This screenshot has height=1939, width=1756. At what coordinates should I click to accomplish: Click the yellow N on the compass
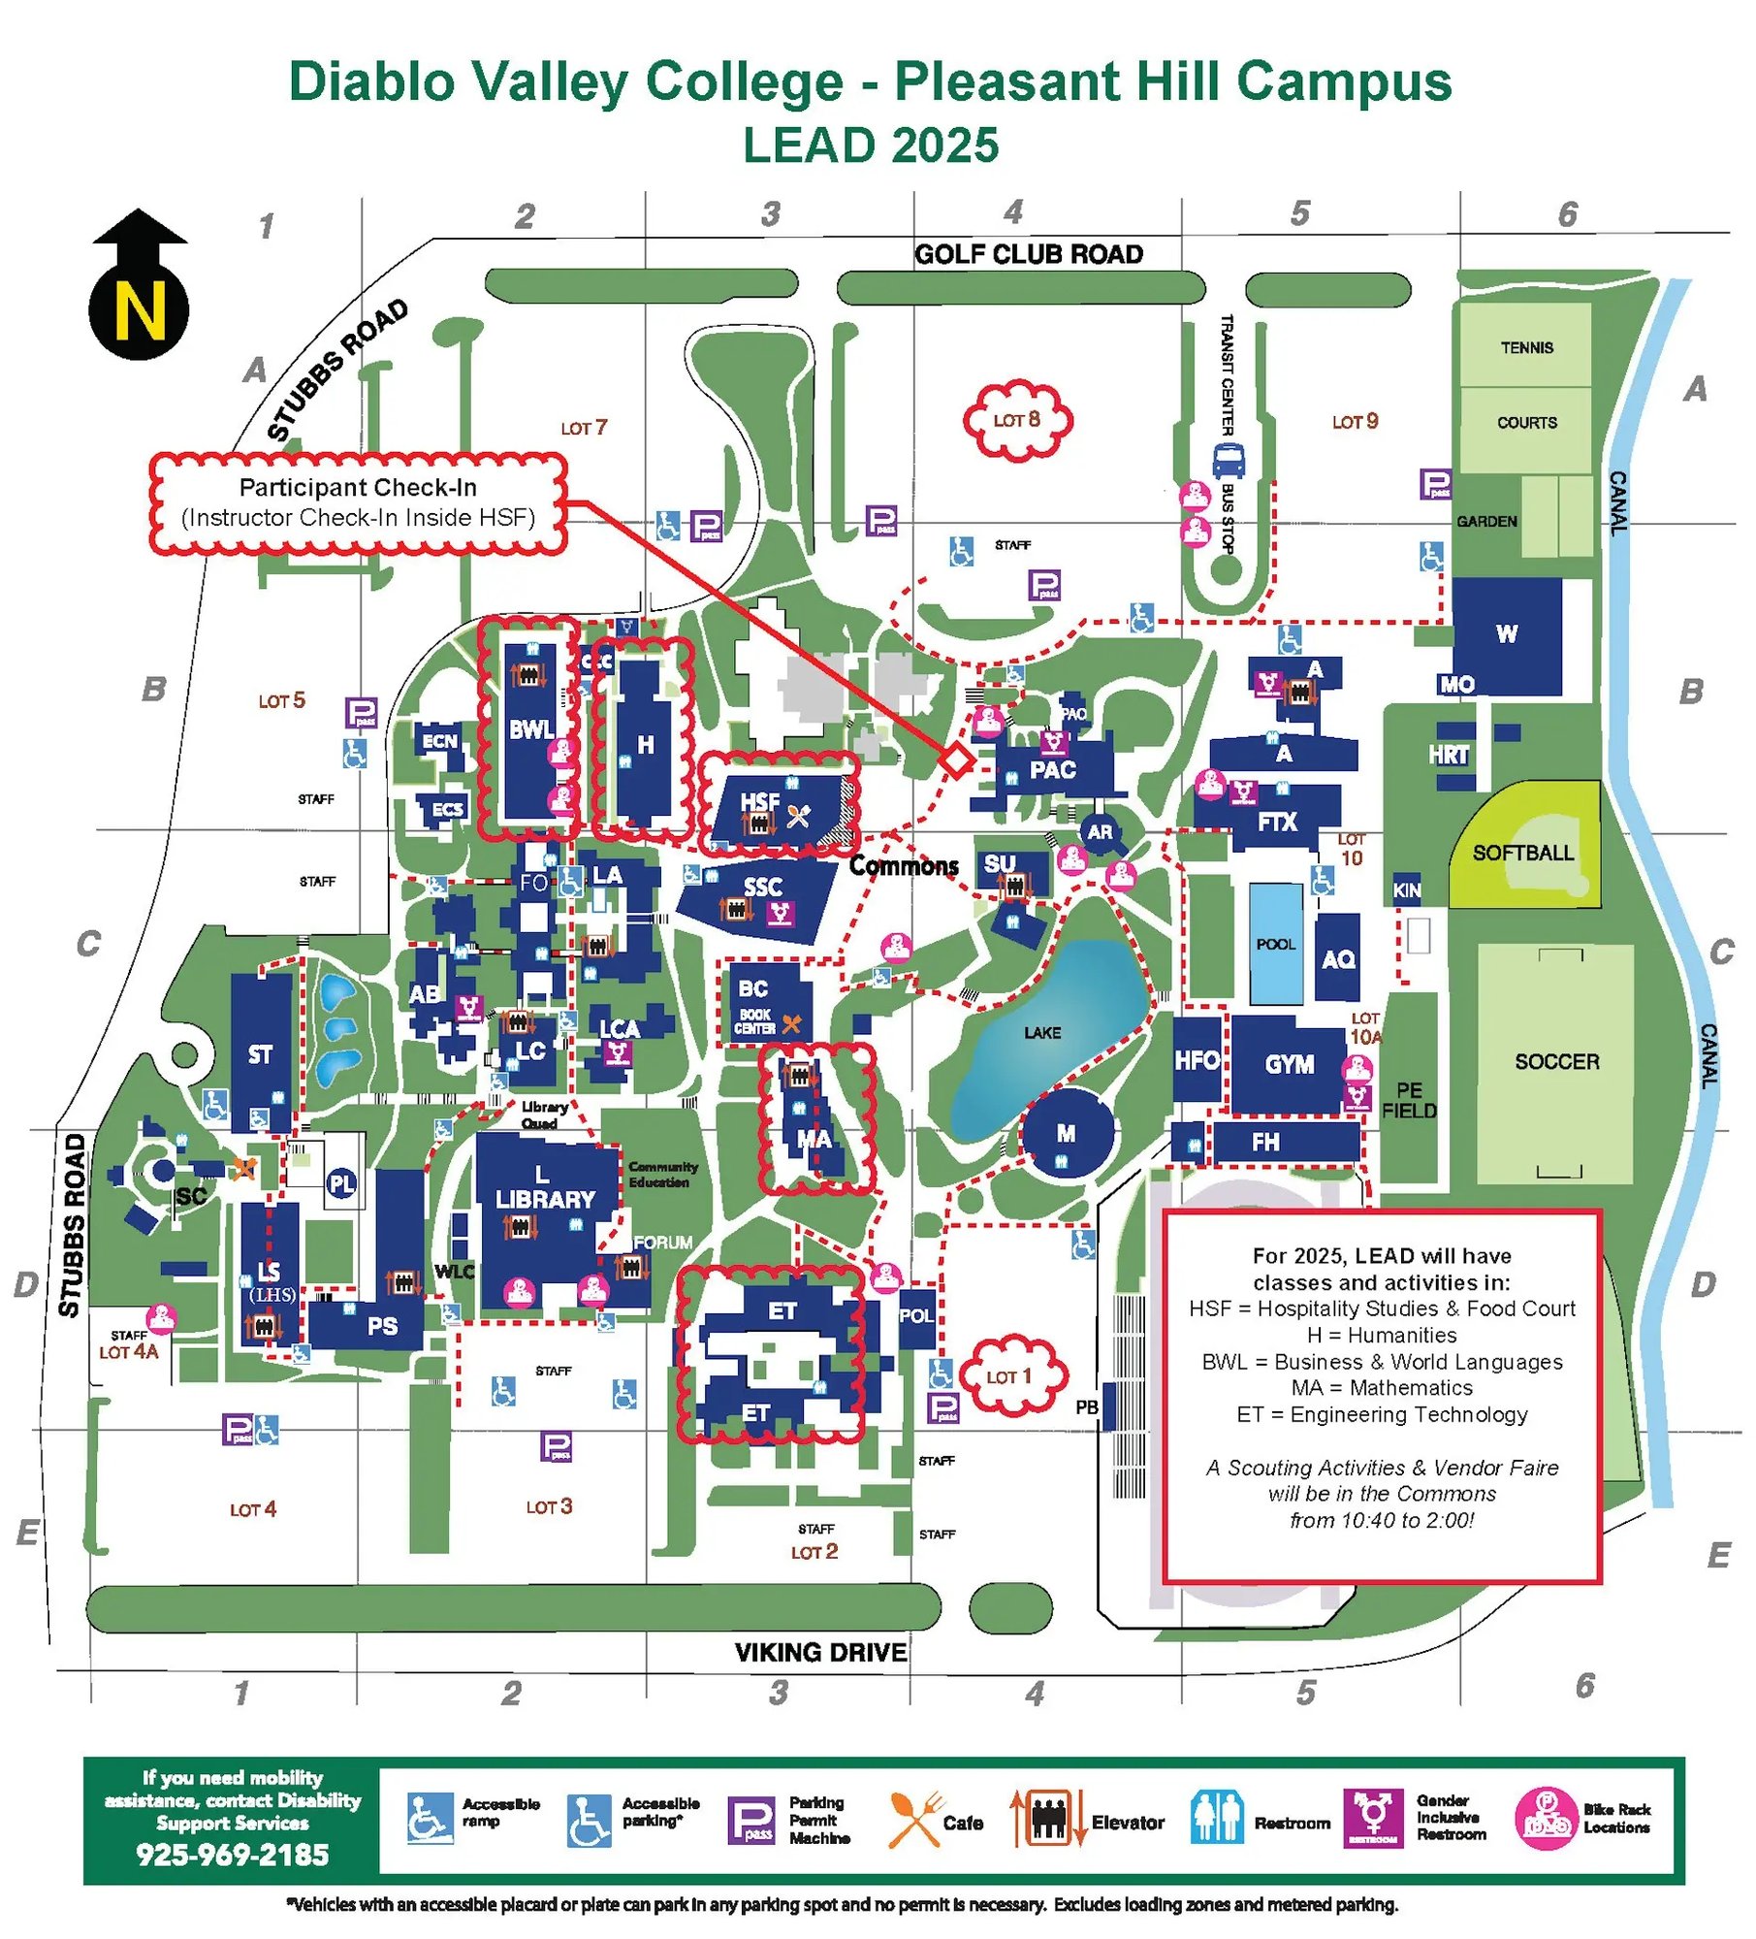pyautogui.click(x=140, y=312)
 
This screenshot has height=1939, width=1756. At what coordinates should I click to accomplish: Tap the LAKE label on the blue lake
pyautogui.click(x=1042, y=1033)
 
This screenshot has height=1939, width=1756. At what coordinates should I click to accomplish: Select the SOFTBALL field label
pyautogui.click(x=1522, y=853)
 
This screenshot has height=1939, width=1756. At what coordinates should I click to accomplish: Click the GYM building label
pyautogui.click(x=1290, y=1064)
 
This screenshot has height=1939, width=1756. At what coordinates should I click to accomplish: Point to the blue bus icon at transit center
pyautogui.click(x=1229, y=459)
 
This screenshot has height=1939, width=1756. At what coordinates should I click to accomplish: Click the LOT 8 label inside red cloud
pyautogui.click(x=1016, y=419)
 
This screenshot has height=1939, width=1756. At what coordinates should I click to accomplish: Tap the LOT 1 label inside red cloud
pyautogui.click(x=1008, y=1376)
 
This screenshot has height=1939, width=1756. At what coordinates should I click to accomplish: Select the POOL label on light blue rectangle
pyautogui.click(x=1275, y=944)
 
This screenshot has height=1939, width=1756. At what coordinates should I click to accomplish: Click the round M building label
pyautogui.click(x=1066, y=1133)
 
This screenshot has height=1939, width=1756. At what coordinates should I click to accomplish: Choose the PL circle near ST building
pyautogui.click(x=341, y=1183)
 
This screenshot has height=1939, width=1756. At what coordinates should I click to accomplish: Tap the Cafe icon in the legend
pyautogui.click(x=913, y=1820)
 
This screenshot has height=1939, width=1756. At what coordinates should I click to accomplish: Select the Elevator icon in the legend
pyautogui.click(x=1047, y=1820)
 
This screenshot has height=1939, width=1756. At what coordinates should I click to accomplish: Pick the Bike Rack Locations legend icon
pyautogui.click(x=1546, y=1820)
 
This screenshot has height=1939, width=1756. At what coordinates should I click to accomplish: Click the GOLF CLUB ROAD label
pyautogui.click(x=1029, y=254)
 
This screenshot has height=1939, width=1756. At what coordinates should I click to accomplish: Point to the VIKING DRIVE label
pyautogui.click(x=820, y=1652)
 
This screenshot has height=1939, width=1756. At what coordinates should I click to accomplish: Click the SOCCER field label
pyautogui.click(x=1556, y=1061)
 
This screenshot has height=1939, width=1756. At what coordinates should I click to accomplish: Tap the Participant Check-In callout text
pyautogui.click(x=358, y=488)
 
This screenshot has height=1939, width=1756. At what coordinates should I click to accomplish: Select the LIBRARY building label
pyautogui.click(x=545, y=1199)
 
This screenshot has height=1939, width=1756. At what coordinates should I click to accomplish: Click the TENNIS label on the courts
pyautogui.click(x=1526, y=347)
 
